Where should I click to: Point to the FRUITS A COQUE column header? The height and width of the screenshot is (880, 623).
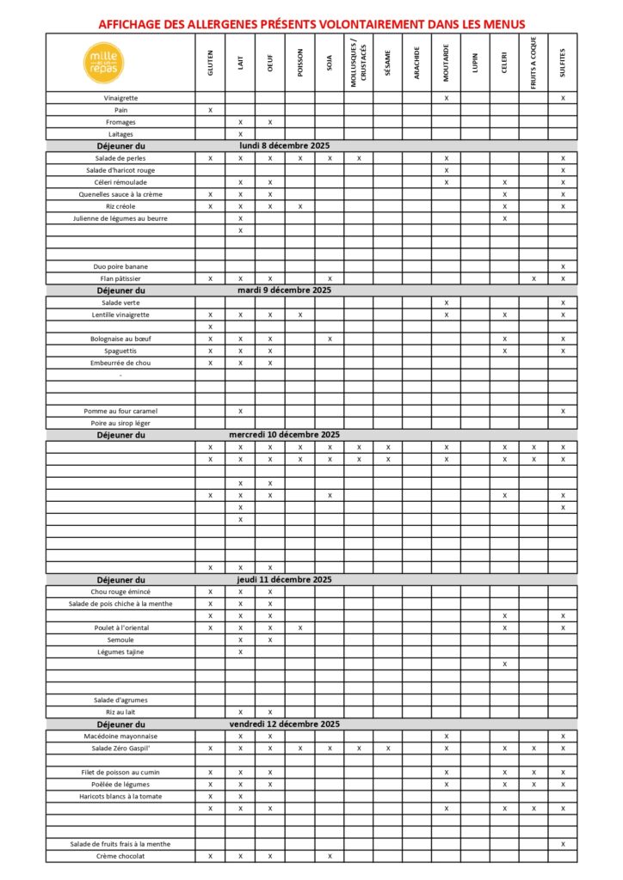tap(534, 62)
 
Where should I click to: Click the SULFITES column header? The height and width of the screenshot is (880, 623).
tap(563, 63)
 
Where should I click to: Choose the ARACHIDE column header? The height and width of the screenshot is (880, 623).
tap(416, 63)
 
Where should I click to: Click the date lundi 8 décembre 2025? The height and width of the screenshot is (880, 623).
tap(284, 146)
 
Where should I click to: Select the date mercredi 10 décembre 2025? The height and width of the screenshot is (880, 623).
tap(284, 435)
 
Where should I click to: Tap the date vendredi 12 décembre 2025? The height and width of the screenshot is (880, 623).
tap(284, 724)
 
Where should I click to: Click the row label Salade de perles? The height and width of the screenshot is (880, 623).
tap(120, 158)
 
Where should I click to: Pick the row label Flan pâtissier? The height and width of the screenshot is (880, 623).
tap(120, 278)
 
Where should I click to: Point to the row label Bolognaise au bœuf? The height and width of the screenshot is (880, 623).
tap(120, 339)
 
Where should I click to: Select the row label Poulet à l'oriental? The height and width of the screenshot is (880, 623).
tap(120, 628)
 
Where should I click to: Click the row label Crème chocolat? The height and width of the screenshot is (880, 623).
tap(120, 856)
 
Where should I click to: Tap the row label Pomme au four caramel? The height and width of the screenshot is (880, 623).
tap(120, 411)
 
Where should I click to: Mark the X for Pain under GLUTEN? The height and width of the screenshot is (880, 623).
tap(210, 110)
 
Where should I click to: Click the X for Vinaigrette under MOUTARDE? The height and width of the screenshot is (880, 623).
tap(446, 98)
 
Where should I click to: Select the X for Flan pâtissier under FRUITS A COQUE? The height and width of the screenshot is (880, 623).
tap(534, 278)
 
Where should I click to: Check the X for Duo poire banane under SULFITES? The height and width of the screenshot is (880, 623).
tap(563, 266)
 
